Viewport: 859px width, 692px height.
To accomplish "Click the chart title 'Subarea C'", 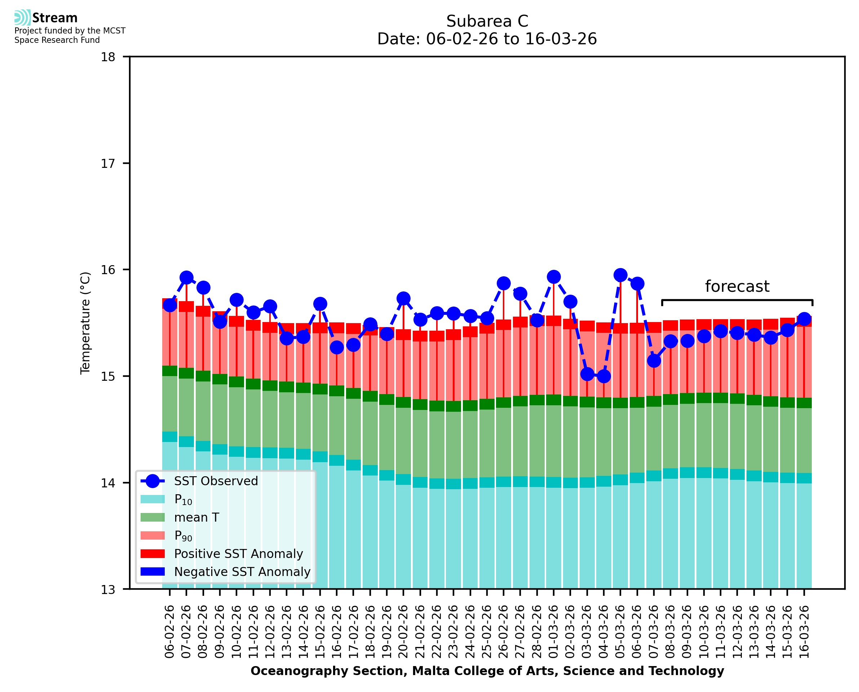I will [x=487, y=21].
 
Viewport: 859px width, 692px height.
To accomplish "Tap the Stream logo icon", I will [x=22, y=18].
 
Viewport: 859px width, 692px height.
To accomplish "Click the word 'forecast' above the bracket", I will [x=737, y=286].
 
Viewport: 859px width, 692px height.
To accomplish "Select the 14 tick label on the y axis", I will [x=108, y=483].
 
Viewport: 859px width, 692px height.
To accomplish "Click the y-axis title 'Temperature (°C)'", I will [x=85, y=323].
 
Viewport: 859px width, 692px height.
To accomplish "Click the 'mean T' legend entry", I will [x=196, y=517].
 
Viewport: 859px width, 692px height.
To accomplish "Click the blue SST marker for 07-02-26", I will [x=187, y=277].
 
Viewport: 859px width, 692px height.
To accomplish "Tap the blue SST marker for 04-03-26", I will [x=604, y=376].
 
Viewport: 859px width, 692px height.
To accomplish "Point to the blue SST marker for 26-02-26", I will [x=504, y=284].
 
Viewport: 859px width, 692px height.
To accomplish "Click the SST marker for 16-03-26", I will [x=804, y=319].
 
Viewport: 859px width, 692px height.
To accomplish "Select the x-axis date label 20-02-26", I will [x=404, y=631].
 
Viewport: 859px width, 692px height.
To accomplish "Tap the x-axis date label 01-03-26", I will [x=554, y=631].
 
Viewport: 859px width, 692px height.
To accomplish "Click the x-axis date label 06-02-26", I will [x=170, y=631].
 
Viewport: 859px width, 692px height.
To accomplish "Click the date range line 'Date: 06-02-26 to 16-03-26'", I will [x=487, y=39].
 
